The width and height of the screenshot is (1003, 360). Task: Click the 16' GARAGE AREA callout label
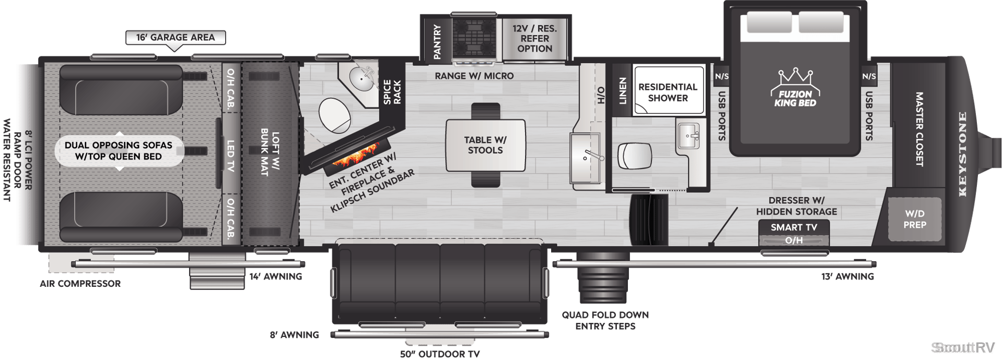(176, 38)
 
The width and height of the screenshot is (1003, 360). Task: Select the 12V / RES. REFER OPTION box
(534, 39)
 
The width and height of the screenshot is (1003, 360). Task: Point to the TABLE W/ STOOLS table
(485, 145)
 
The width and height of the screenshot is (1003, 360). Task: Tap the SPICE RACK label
(392, 92)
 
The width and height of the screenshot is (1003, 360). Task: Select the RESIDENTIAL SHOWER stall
(668, 90)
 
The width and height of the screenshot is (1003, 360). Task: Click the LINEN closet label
(622, 90)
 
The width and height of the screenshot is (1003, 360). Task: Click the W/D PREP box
(915, 219)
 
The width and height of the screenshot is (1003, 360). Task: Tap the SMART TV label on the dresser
(794, 227)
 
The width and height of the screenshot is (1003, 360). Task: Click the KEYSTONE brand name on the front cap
(962, 154)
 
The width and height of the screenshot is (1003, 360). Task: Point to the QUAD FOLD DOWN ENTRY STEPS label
(605, 320)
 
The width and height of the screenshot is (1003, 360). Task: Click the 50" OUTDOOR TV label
(440, 354)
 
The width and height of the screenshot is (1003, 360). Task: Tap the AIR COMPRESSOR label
(80, 284)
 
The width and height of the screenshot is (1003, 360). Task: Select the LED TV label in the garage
(230, 156)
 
